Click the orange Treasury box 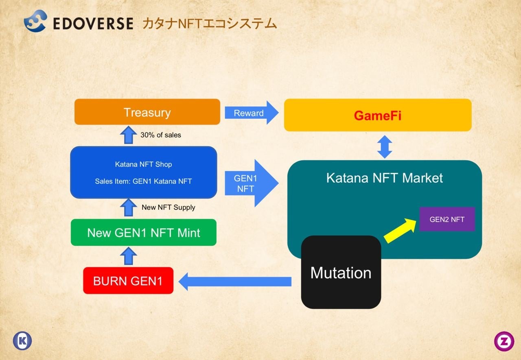click(x=147, y=112)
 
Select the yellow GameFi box click(x=377, y=115)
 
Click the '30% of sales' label click(x=161, y=135)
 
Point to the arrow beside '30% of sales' click(x=129, y=135)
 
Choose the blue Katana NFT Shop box click(x=143, y=172)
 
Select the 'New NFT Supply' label click(x=168, y=207)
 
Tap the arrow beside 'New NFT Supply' click(x=129, y=207)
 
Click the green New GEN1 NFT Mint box click(x=143, y=233)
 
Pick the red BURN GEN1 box click(x=128, y=281)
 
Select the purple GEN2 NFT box click(x=447, y=219)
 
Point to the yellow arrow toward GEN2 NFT click(x=400, y=231)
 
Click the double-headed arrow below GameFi click(x=385, y=146)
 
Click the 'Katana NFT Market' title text click(x=384, y=178)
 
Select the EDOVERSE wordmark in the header click(x=93, y=24)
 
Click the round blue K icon click(x=22, y=341)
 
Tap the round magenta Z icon click(x=504, y=341)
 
